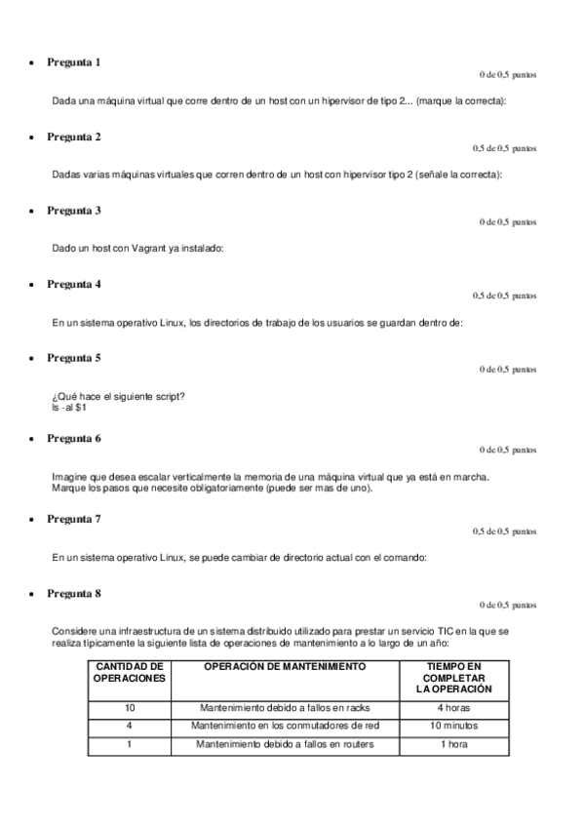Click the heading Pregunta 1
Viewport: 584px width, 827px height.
74,62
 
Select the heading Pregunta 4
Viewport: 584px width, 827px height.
74,284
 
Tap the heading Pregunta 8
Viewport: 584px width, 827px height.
74,593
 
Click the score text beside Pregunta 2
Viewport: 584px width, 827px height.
504,148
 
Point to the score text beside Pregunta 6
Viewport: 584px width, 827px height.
507,451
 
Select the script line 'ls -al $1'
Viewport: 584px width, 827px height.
69,407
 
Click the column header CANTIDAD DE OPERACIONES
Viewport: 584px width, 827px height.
129,672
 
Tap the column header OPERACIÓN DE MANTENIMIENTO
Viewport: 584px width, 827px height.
285,666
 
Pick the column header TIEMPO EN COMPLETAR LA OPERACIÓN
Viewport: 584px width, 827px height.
454,677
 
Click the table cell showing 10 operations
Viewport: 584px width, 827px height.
129,707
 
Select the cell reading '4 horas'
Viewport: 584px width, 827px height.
454,707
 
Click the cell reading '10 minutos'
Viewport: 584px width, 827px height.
454,726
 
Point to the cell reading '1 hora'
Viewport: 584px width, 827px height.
454,745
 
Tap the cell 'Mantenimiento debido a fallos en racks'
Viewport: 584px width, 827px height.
285,707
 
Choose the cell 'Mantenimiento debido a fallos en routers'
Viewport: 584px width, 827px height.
285,745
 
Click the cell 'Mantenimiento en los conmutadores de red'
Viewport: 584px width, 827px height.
285,726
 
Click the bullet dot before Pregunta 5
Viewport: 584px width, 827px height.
34,360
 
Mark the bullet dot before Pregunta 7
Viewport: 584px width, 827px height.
34,521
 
